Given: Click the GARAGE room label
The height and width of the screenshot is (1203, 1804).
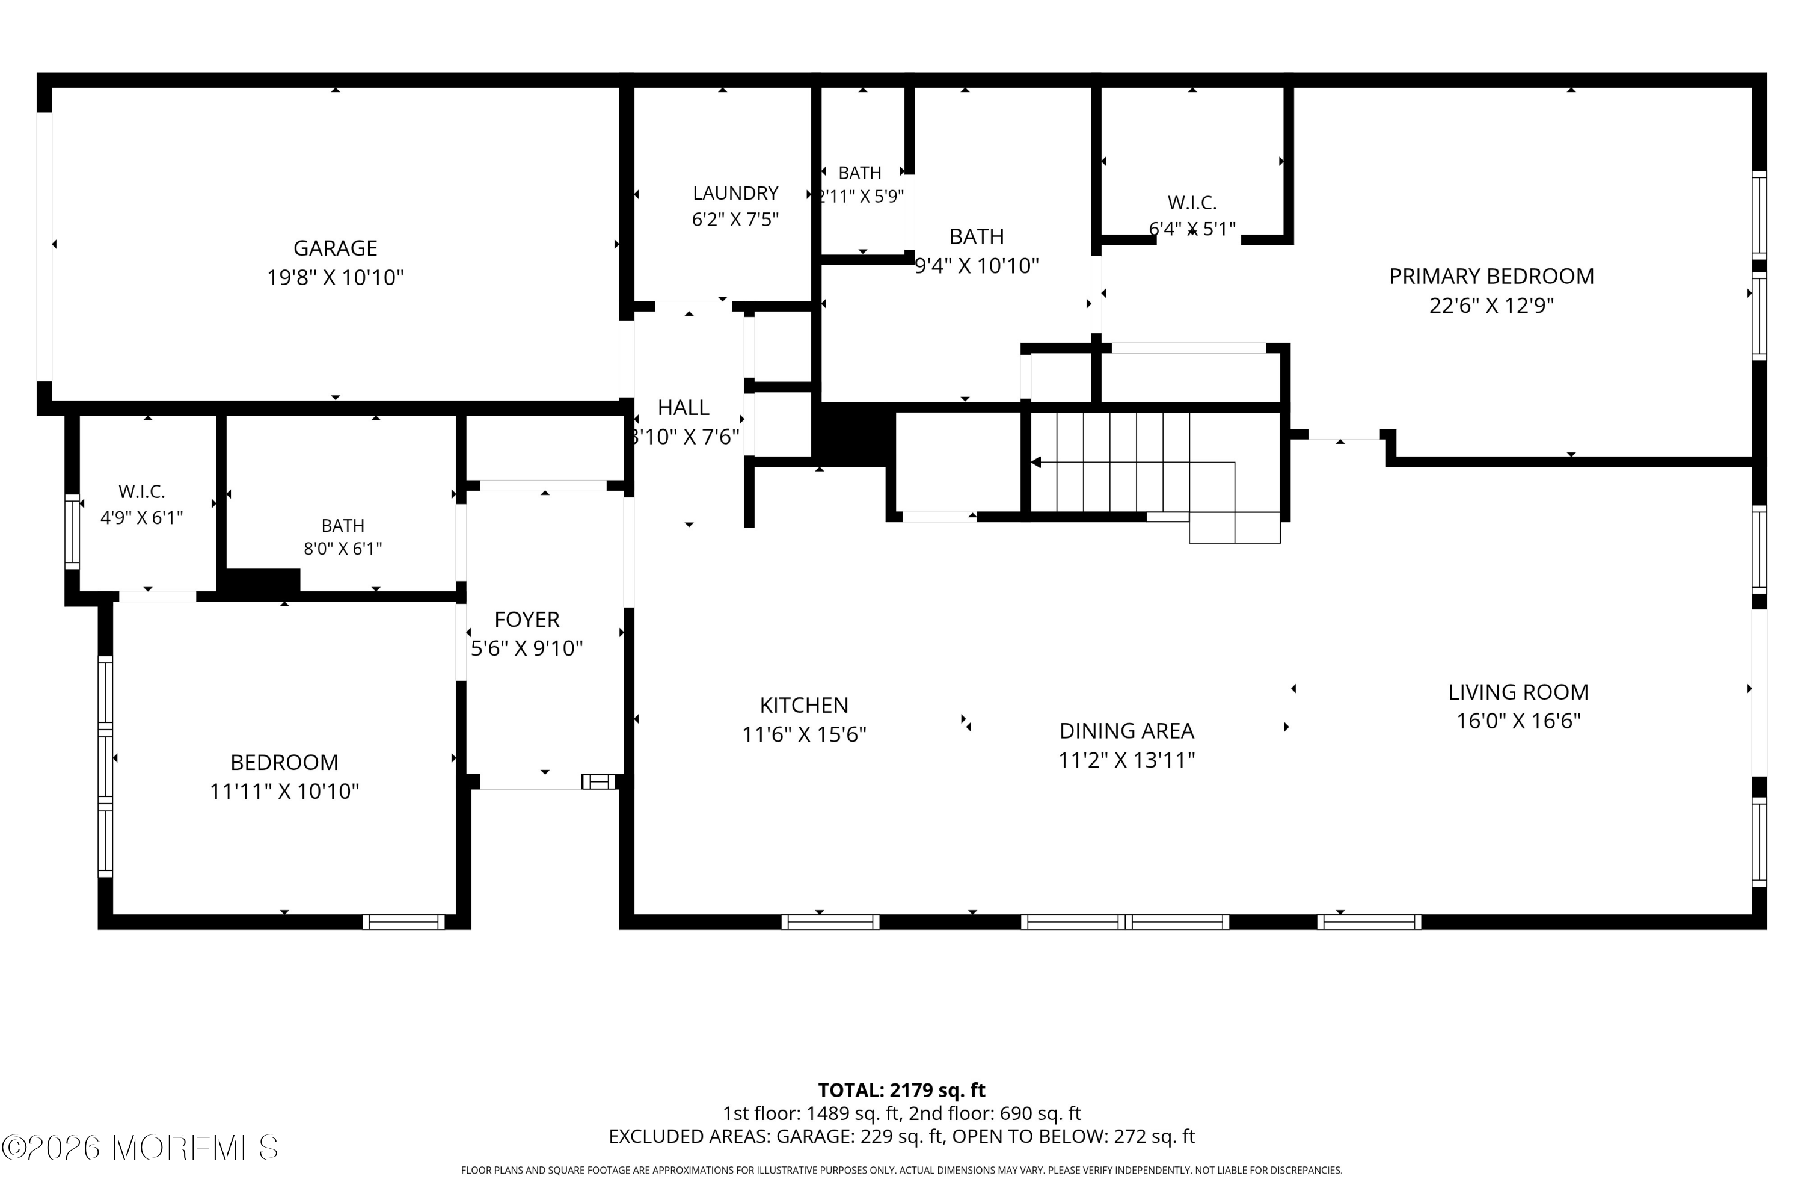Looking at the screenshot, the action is pos(335,248).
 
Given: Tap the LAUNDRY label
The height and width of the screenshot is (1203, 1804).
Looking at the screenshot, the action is pos(735,193).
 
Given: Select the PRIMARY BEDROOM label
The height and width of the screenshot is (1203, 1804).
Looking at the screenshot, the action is pos(1491,276).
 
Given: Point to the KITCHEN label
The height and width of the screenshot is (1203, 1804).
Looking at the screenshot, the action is pos(804,705).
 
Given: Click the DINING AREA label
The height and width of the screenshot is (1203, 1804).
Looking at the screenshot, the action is pos(1127,730).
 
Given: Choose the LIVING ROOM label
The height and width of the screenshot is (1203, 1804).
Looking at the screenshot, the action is pos(1518,692).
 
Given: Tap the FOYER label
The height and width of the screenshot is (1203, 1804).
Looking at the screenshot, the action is pos(527,619).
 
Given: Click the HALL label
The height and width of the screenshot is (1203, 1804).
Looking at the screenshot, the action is pos(683,407).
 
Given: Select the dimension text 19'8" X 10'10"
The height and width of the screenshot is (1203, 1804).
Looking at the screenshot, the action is pos(335,278).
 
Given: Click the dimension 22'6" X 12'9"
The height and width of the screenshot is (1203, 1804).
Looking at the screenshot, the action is pos(1491,306).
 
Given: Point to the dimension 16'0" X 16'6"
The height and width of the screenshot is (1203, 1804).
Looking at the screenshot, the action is pos(1518,721).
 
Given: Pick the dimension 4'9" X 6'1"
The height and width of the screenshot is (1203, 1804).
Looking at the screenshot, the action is pos(142,518).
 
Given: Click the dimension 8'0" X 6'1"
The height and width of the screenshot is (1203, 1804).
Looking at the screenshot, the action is pos(343,549).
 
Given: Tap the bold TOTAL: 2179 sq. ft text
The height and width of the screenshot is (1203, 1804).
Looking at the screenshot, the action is pos(901,1090).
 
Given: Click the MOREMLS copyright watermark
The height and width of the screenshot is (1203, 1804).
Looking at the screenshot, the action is pos(140,1148).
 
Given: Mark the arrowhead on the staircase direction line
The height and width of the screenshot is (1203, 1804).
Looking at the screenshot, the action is pos(1035,463).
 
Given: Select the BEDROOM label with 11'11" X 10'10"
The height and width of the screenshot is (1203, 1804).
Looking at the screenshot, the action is pos(284,763).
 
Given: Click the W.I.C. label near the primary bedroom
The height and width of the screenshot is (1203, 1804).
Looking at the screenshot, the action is pos(1192,203).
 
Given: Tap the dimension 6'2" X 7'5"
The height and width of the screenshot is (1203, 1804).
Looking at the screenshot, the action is pos(735,220).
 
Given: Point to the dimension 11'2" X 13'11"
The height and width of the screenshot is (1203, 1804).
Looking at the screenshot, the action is pos(1127,760).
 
